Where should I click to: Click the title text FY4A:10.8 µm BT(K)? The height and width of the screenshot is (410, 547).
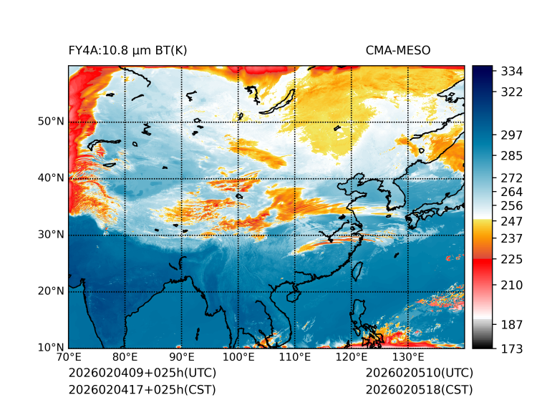click(x=127, y=51)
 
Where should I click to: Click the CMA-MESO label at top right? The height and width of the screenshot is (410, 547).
click(x=398, y=51)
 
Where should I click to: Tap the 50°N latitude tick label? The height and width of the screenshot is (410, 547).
click(x=51, y=122)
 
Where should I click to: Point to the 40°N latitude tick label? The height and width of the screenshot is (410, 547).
click(x=51, y=178)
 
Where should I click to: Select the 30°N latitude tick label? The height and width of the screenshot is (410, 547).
click(x=51, y=235)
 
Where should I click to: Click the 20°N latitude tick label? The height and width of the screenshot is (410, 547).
click(x=51, y=291)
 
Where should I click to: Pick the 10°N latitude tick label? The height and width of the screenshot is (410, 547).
click(x=51, y=348)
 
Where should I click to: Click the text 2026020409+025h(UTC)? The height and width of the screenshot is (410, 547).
click(x=142, y=374)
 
